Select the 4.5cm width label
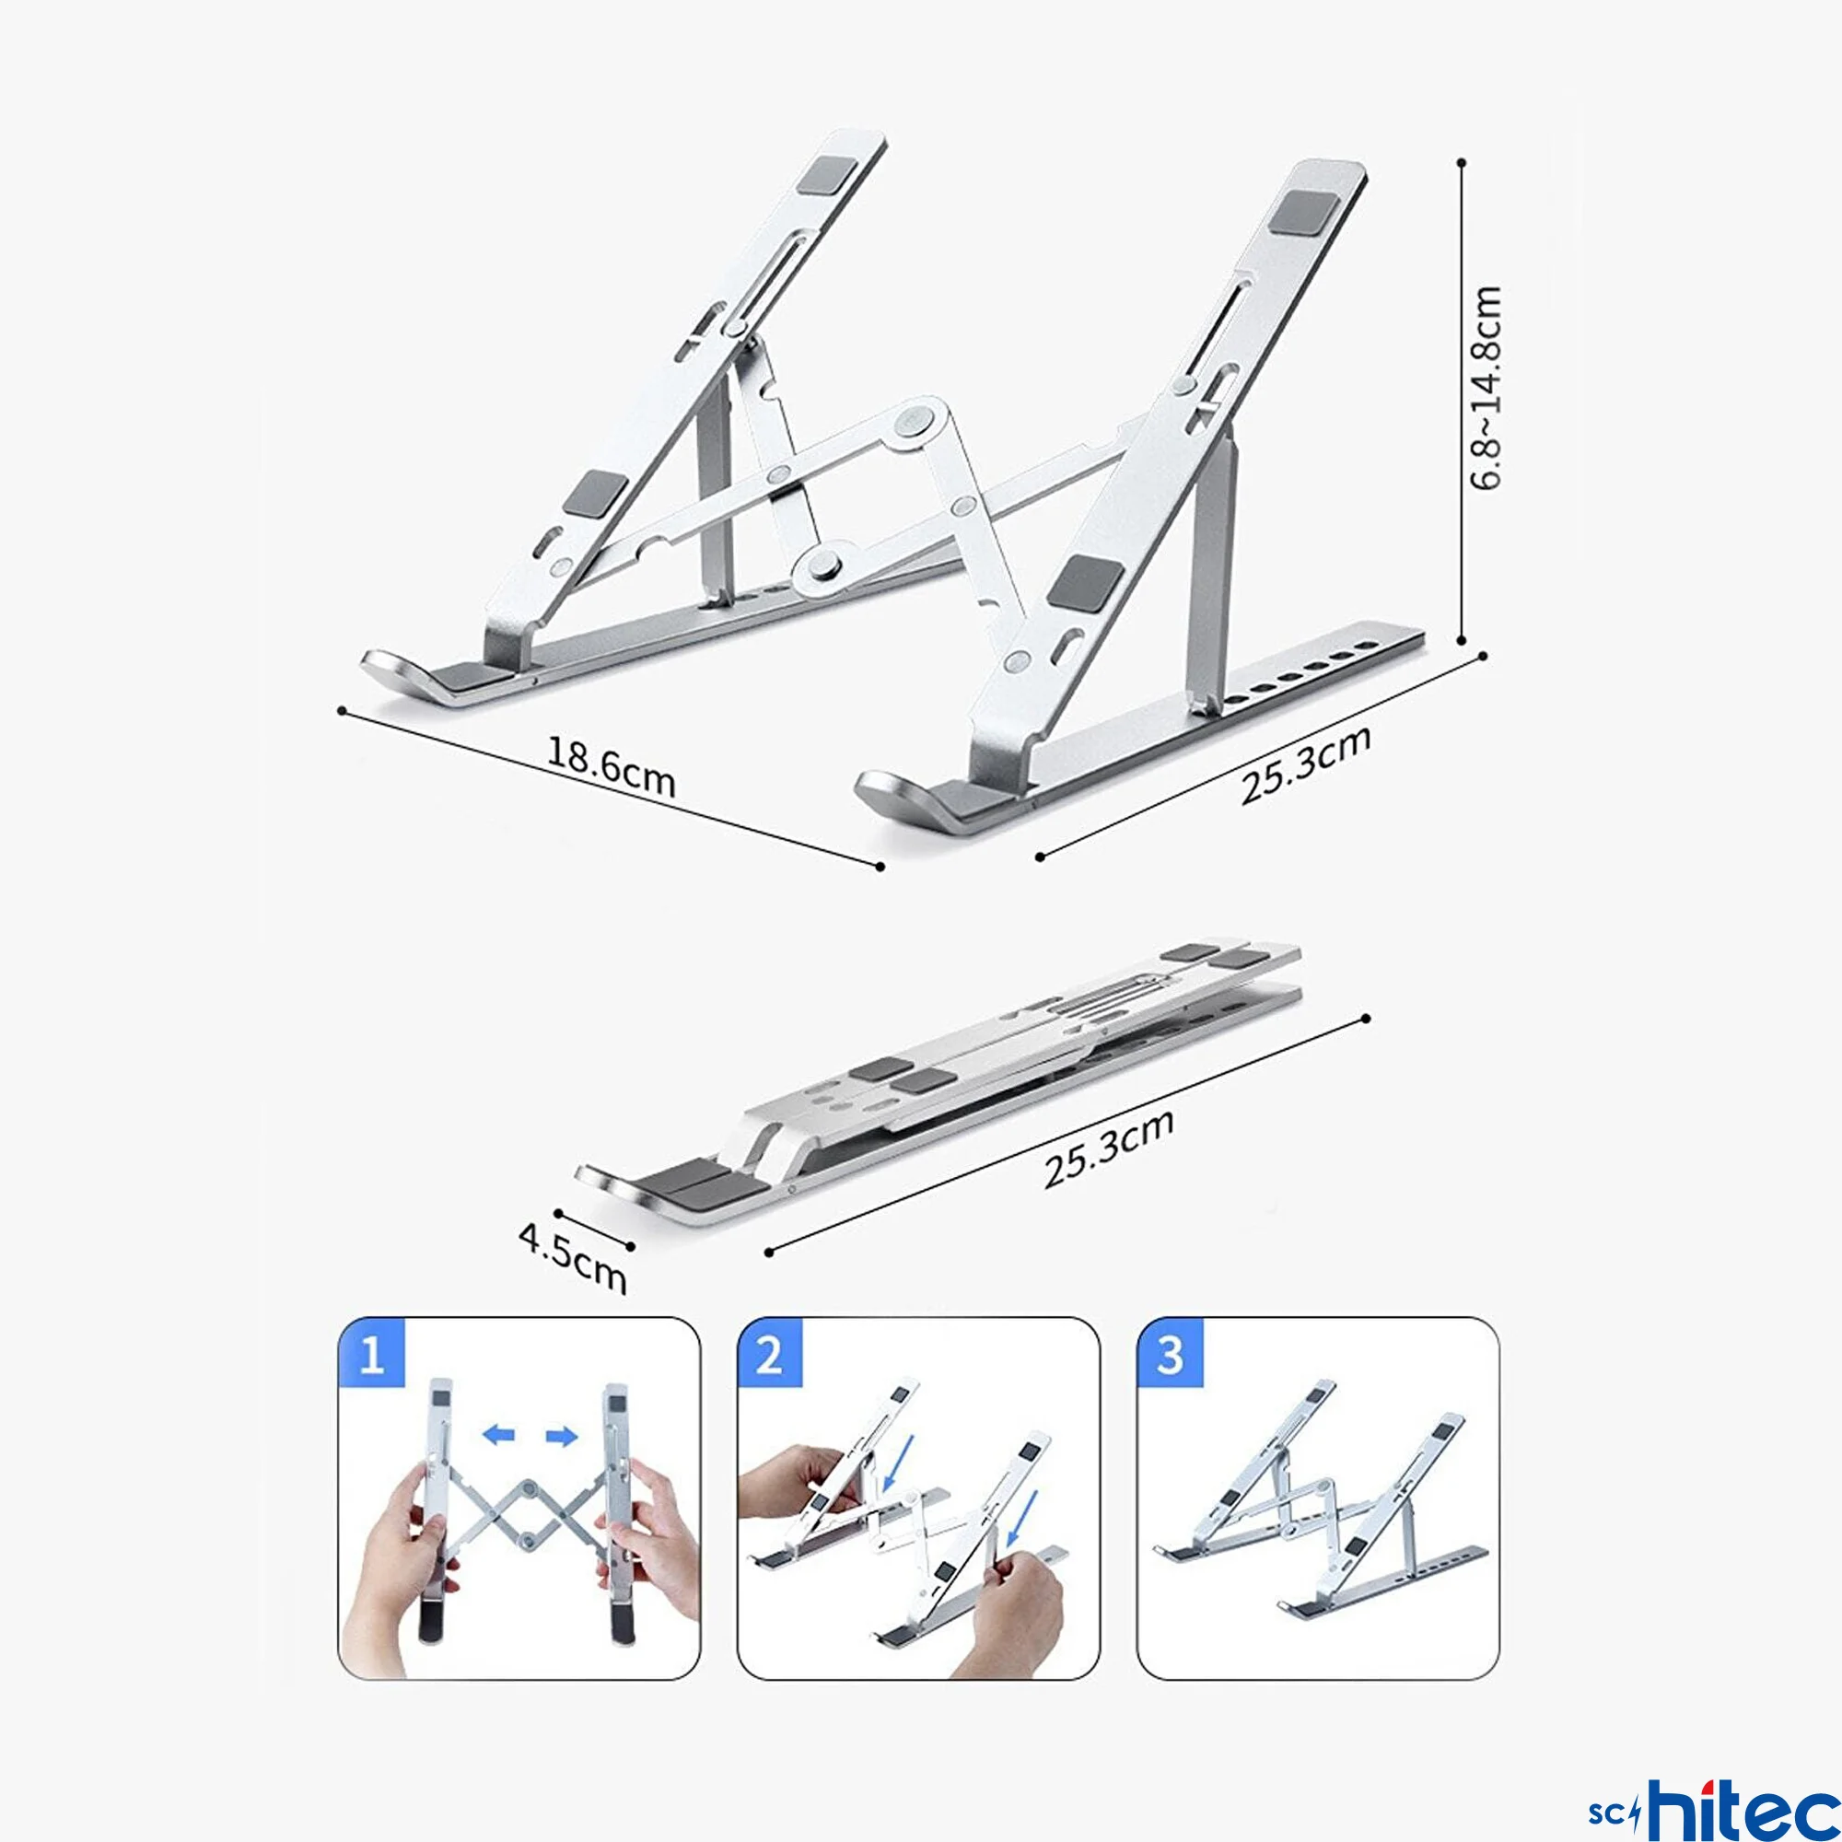pos(572,1257)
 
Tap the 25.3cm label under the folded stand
pos(1108,1148)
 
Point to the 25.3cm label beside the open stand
pos(1305,764)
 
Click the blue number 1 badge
pos(372,1354)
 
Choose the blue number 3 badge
pos(1170,1354)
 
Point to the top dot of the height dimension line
pos(1462,163)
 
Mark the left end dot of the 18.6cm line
pos(342,710)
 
